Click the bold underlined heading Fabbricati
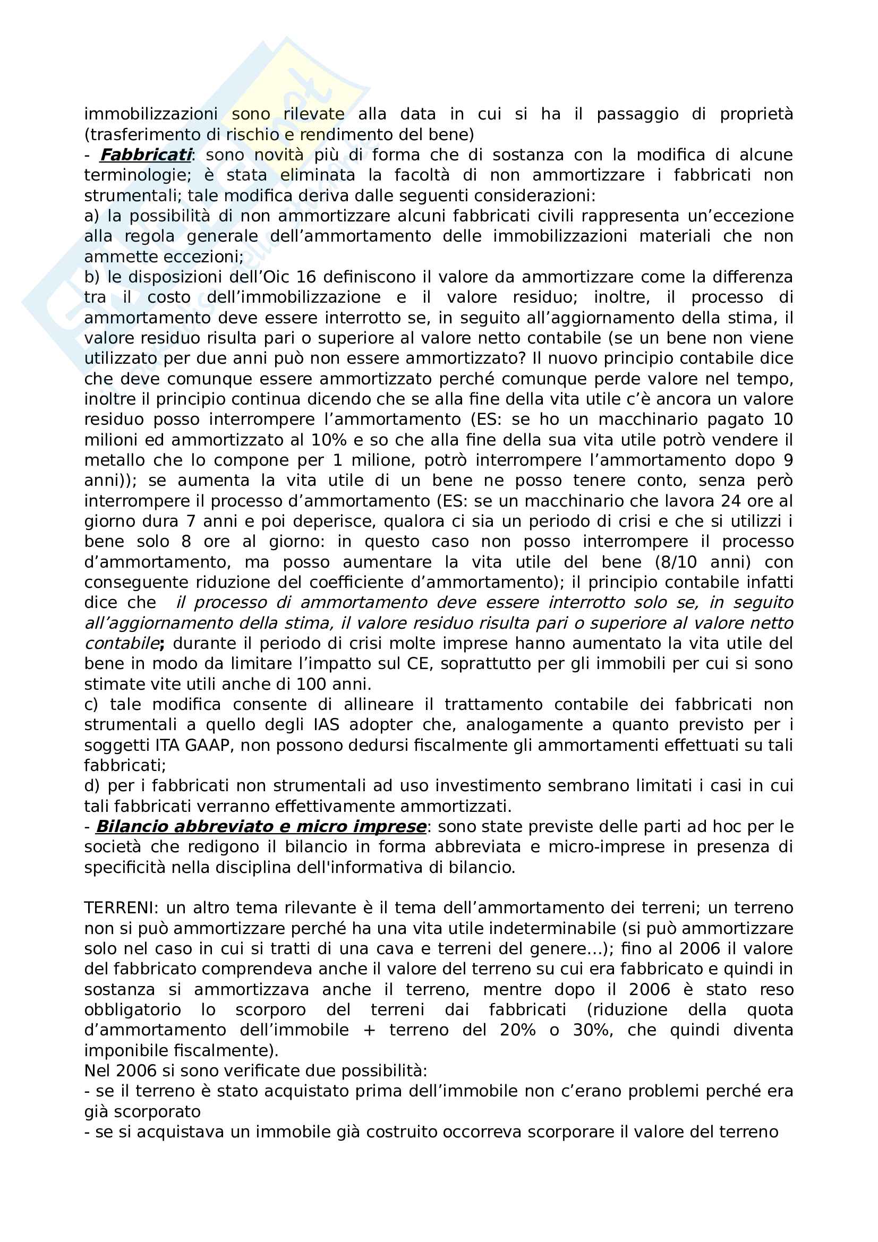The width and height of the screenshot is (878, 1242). point(146,155)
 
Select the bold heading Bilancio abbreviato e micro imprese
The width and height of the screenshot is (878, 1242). point(261,827)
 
